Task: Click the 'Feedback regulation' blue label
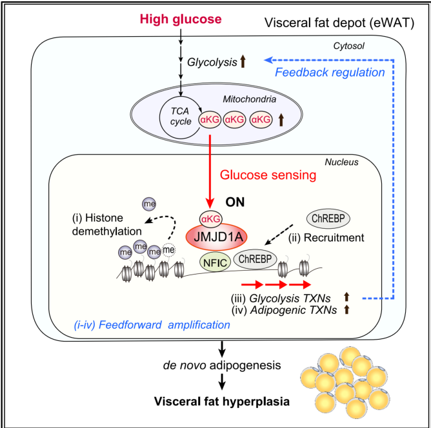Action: tap(330, 72)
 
